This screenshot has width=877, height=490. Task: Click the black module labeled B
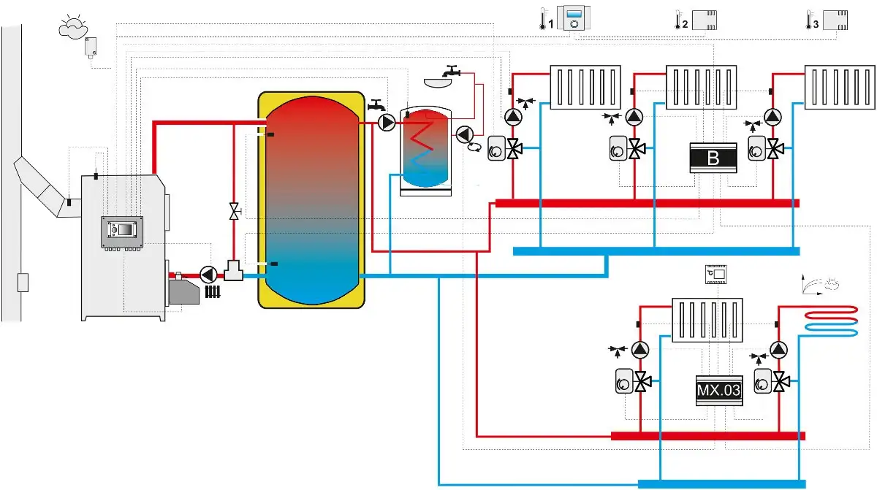713,158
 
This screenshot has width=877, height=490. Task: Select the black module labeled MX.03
719,390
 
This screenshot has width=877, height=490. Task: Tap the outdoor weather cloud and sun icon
72,27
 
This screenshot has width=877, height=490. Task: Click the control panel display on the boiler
122,231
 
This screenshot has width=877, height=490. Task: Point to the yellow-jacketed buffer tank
311,200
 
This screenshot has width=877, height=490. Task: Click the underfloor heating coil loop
830,322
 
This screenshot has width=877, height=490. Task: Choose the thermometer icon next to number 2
677,20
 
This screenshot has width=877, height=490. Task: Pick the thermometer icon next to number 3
808,20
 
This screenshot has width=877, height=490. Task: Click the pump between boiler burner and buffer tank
208,275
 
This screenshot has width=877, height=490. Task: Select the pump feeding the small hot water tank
387,123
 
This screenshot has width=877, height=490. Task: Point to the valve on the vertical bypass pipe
234,211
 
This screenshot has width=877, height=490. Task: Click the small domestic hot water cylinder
425,150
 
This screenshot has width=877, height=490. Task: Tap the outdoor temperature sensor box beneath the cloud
91,47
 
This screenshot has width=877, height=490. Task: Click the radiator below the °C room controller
707,321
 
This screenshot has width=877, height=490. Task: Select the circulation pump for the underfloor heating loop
778,350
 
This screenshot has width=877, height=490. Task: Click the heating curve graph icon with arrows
819,284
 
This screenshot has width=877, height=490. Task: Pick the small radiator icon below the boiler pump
213,291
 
